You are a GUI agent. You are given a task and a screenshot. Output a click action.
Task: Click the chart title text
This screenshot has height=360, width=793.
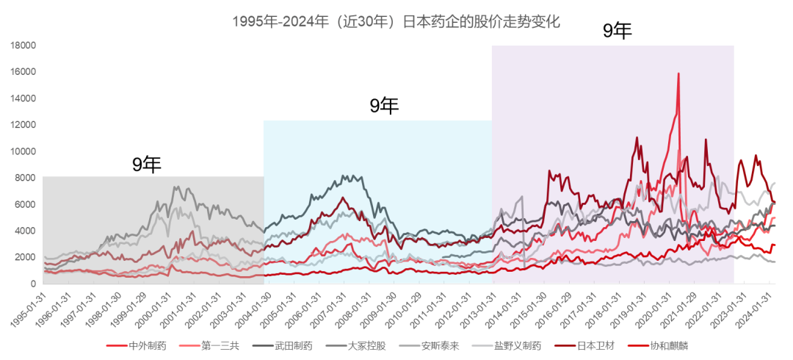click(x=396, y=22)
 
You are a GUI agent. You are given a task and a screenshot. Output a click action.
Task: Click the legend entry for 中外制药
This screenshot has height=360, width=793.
click(x=136, y=346)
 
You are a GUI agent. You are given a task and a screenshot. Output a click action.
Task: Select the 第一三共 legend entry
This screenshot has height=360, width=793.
click(x=209, y=346)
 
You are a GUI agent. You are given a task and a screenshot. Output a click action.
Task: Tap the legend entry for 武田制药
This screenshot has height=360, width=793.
click(x=282, y=346)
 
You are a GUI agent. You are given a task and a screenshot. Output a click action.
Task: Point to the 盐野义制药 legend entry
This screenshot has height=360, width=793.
click(x=506, y=346)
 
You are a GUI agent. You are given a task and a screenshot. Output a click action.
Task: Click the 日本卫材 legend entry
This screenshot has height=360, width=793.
click(x=584, y=346)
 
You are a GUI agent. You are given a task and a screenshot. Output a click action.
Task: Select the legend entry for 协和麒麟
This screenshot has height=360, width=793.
click(x=657, y=346)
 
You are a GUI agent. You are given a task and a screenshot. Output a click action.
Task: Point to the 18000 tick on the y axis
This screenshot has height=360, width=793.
click(x=23, y=46)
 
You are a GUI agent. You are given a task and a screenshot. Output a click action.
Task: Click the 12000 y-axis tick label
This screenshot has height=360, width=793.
click(x=23, y=125)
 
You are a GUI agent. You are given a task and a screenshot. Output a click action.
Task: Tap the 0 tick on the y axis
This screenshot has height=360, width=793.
click(x=33, y=284)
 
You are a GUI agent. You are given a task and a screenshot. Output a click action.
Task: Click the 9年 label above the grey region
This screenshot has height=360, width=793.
click(x=147, y=165)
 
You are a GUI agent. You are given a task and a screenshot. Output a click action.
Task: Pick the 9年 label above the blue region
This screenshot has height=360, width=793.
click(x=384, y=106)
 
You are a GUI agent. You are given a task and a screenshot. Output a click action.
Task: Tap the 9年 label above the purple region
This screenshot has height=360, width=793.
click(x=618, y=32)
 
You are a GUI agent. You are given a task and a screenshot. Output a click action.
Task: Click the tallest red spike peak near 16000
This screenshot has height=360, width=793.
click(x=678, y=74)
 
